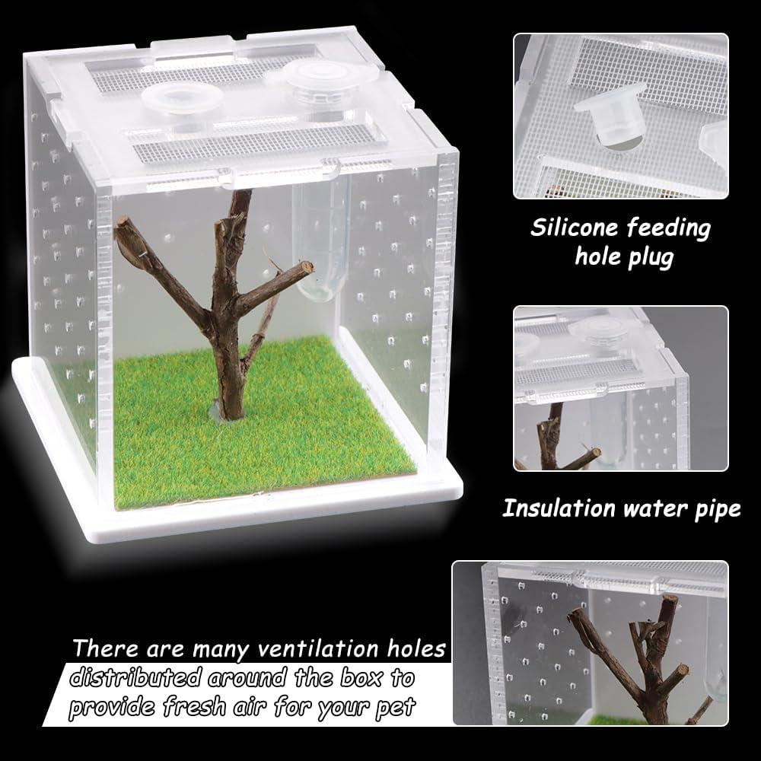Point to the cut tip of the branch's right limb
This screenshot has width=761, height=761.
[x=306, y=266]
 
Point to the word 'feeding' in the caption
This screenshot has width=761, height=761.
[x=671, y=228]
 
